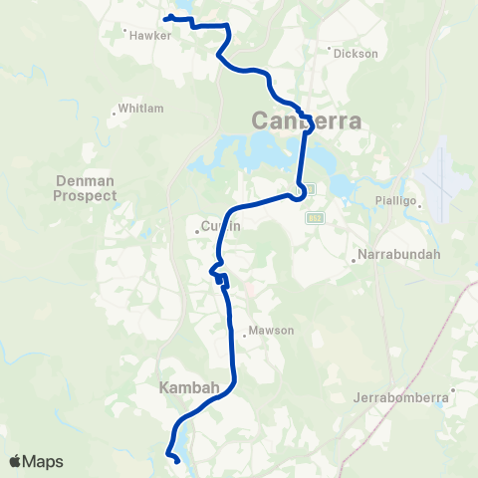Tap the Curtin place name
[222, 227]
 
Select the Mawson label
[271, 331]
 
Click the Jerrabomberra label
[403, 398]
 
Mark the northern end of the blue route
[165, 17]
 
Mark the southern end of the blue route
[177, 461]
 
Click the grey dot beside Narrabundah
[355, 262]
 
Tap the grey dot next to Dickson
[330, 47]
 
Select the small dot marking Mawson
[243, 336]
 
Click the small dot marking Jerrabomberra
[452, 389]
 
